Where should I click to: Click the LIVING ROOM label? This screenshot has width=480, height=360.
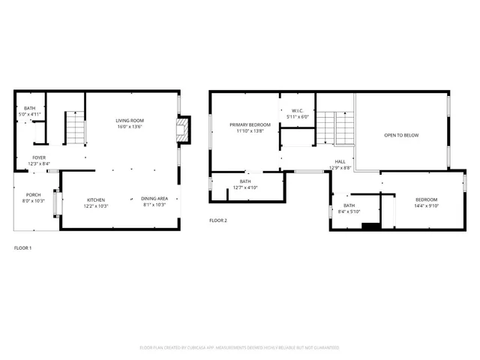click(130, 121)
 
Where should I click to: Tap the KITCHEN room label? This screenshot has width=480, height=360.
click(95, 199)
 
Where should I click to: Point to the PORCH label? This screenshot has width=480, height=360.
click(34, 194)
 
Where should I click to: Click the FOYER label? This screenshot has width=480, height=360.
click(38, 157)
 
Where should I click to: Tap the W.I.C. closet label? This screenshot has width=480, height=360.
click(298, 111)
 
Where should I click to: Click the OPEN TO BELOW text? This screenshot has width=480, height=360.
click(401, 135)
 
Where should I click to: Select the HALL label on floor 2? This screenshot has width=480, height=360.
click(340, 161)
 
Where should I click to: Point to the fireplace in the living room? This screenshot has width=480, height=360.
click(182, 130)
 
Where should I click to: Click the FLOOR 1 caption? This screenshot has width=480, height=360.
click(23, 247)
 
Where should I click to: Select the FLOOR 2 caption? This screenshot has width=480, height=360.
click(217, 220)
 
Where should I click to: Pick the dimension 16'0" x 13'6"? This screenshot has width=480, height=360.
click(130, 127)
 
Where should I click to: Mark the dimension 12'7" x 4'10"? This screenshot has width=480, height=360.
click(245, 187)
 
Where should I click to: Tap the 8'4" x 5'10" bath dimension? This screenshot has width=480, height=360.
click(349, 211)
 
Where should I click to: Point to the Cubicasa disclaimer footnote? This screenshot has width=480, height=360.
click(240, 347)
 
